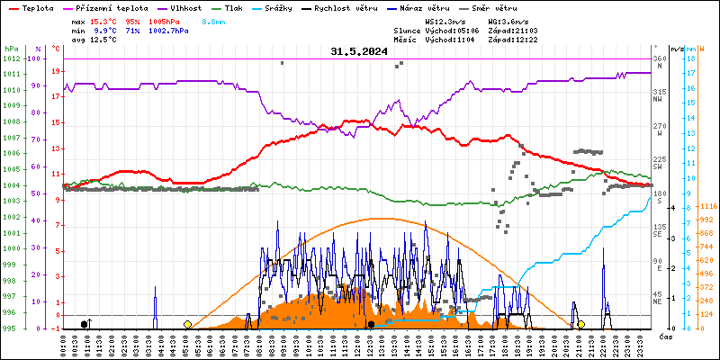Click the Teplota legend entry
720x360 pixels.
37,7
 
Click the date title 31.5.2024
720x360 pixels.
359,52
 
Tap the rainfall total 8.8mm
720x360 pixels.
214,21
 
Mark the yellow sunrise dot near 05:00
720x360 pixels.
187,324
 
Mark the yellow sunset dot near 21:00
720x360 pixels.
581,324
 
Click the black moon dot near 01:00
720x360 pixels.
85,324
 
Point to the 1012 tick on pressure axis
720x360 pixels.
11,59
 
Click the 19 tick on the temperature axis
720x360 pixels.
56,71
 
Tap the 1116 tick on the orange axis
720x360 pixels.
706,206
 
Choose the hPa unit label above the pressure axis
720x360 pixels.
11,49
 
